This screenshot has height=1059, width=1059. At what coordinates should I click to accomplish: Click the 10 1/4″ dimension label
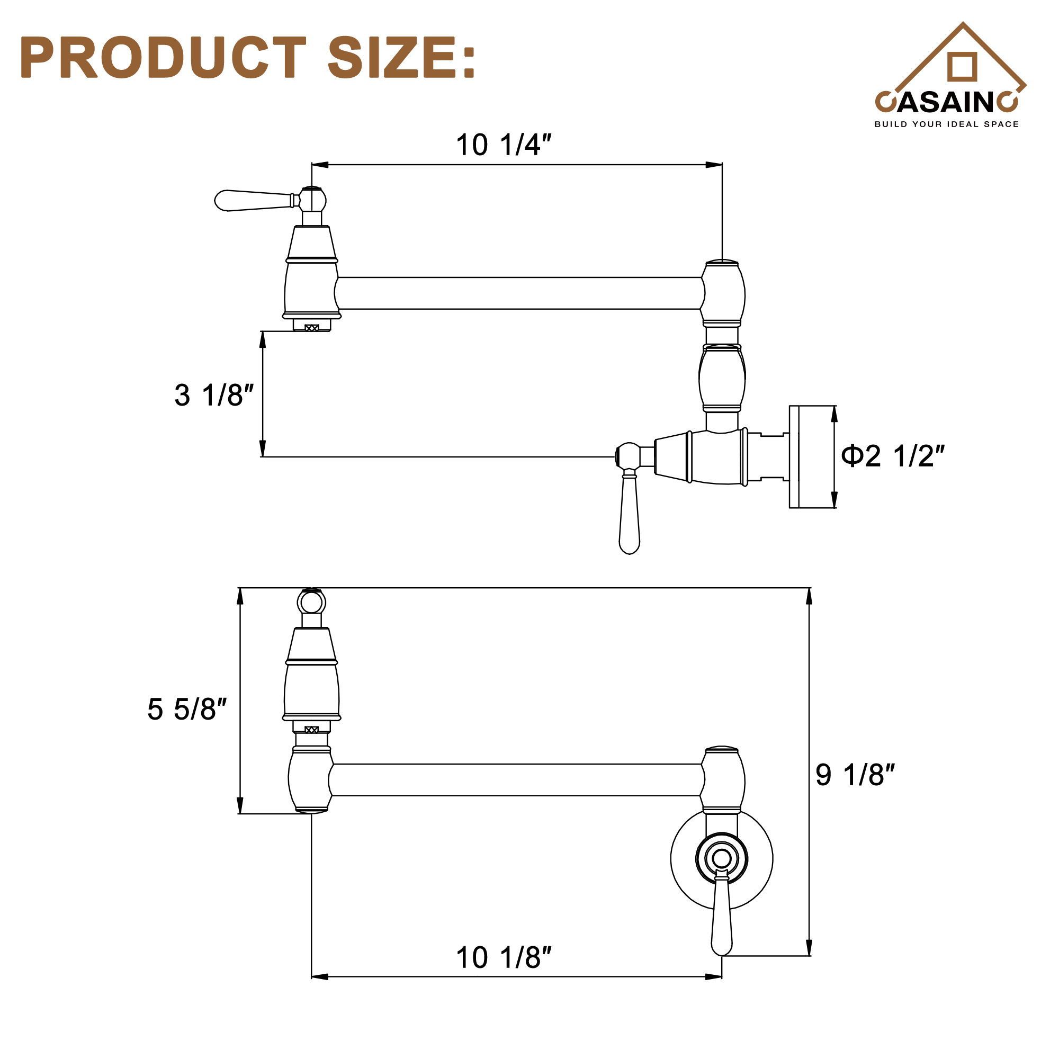(x=502, y=145)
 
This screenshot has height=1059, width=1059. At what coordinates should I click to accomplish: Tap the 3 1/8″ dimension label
(x=214, y=395)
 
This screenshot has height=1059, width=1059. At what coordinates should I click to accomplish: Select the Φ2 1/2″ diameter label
(x=893, y=456)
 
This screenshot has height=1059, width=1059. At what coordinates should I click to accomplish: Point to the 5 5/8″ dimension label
(x=186, y=710)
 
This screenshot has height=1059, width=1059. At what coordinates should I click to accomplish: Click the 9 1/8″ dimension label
(x=855, y=775)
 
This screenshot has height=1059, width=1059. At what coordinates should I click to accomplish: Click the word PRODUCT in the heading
(x=163, y=58)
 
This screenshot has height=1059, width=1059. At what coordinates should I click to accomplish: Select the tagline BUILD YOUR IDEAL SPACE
(x=947, y=124)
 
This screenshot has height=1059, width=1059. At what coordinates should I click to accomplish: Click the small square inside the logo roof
(x=962, y=67)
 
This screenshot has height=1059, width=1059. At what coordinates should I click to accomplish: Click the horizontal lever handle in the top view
(x=252, y=201)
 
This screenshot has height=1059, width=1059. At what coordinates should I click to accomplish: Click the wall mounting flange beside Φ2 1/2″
(x=794, y=456)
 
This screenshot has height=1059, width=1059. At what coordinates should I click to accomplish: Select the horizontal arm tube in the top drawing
(x=518, y=293)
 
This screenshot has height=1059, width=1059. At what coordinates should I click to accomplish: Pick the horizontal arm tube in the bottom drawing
(x=515, y=780)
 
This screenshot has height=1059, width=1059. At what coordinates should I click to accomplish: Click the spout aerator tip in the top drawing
(x=311, y=327)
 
